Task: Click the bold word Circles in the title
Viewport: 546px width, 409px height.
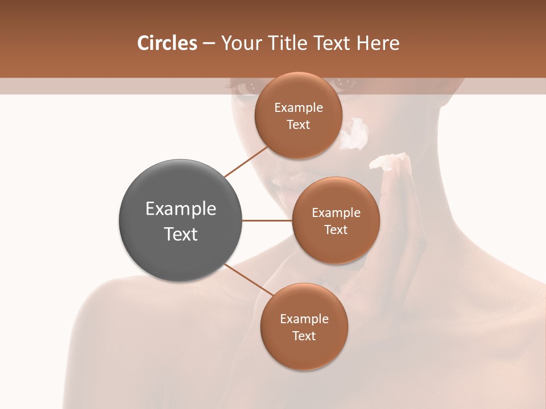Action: point(167,43)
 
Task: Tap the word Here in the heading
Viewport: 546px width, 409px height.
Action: point(378,43)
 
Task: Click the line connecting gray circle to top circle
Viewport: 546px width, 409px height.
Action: point(246,161)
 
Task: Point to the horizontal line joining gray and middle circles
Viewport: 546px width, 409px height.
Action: point(267,220)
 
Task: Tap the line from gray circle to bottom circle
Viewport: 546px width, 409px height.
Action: point(249,280)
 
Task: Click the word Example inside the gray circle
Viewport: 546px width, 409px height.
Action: point(181,209)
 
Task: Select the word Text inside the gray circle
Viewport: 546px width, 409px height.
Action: point(181,233)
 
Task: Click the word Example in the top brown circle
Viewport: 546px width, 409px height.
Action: point(299,108)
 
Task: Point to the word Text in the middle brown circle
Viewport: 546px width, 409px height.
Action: point(336,229)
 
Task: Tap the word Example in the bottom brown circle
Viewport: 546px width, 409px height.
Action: point(304,319)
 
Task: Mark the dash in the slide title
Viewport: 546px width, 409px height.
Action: point(209,44)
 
